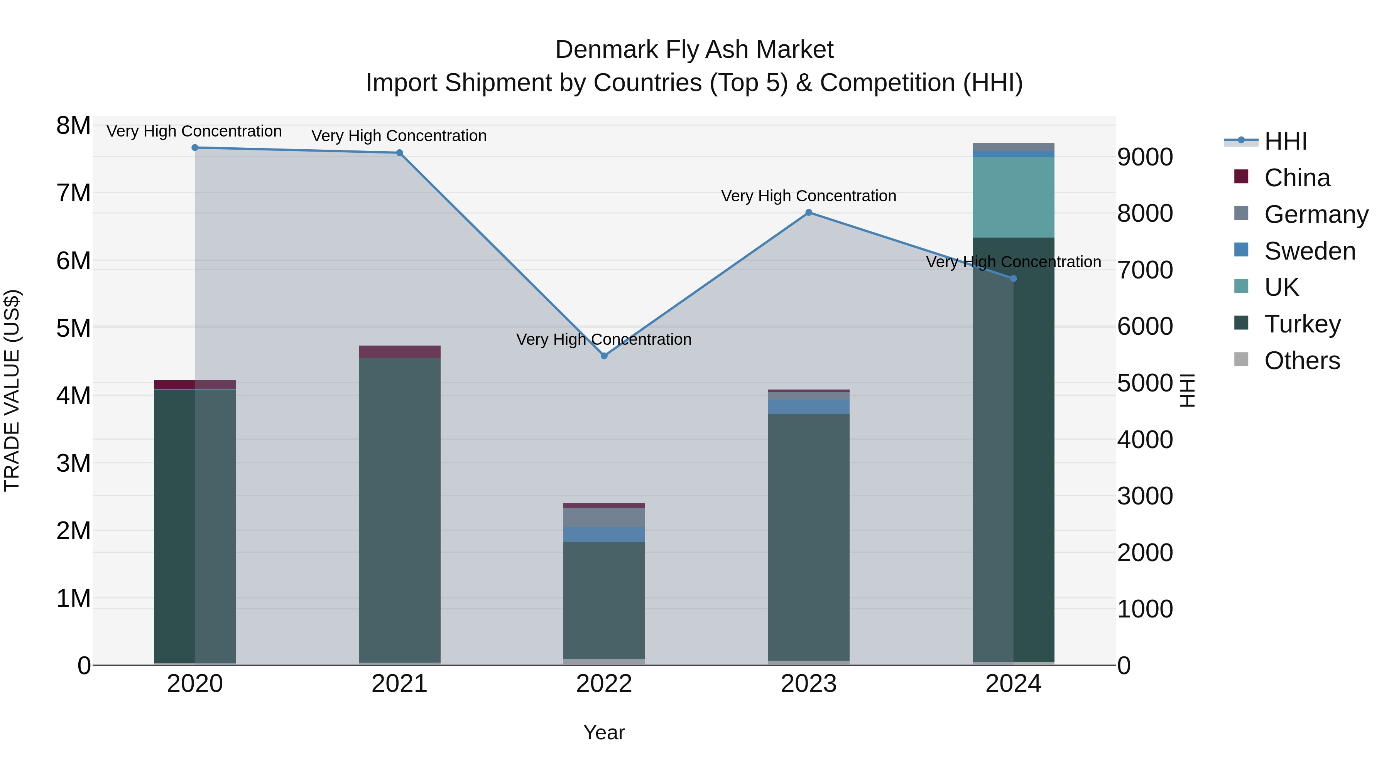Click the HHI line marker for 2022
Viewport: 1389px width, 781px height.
click(x=604, y=356)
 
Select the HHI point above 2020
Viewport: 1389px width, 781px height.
click(x=195, y=148)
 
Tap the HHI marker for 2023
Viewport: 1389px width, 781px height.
click(x=809, y=213)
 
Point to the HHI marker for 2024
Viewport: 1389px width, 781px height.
click(x=1013, y=279)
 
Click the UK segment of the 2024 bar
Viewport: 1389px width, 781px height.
click(x=1013, y=197)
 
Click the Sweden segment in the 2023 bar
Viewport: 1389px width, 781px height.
click(x=809, y=407)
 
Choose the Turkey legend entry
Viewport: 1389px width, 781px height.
click(x=1302, y=324)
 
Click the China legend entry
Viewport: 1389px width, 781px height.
click(x=1296, y=178)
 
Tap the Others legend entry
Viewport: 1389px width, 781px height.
click(x=1302, y=361)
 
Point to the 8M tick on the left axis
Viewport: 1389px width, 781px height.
click(x=73, y=126)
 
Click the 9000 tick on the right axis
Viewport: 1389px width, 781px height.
click(x=1145, y=157)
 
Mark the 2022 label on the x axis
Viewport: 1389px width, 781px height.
click(x=604, y=684)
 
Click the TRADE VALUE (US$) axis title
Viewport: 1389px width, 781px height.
click(x=12, y=390)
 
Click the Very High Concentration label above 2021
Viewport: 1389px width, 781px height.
click(x=399, y=136)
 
